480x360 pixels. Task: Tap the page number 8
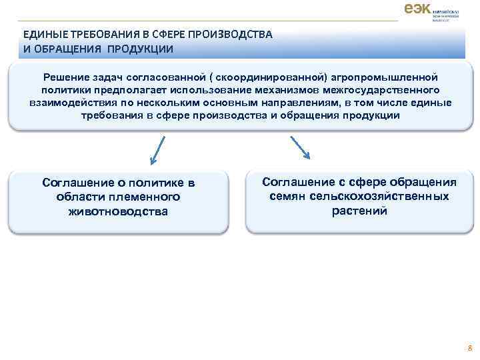[469, 348]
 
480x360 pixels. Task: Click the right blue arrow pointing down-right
[300, 147]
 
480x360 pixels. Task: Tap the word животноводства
[118, 211]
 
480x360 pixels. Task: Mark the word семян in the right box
[286, 197]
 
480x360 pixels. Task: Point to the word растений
[359, 211]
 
